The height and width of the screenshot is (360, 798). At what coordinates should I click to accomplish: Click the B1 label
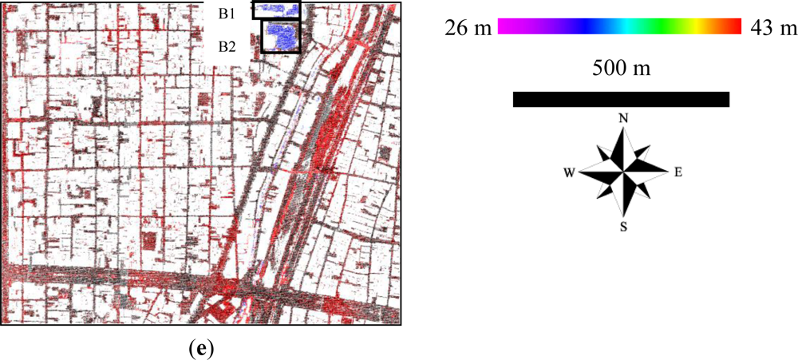227,14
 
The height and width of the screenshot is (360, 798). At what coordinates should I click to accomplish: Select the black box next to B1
277,10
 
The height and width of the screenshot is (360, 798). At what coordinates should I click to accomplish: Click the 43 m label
772,28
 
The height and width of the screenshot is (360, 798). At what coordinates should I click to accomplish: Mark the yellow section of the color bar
702,26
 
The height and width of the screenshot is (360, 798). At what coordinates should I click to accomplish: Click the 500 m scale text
621,68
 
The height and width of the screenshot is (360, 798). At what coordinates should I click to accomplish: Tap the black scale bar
621,99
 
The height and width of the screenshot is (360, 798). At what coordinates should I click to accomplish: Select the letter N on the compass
623,118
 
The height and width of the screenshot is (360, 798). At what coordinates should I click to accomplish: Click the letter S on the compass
623,227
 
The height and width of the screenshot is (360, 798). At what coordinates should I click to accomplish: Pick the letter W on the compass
570,172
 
